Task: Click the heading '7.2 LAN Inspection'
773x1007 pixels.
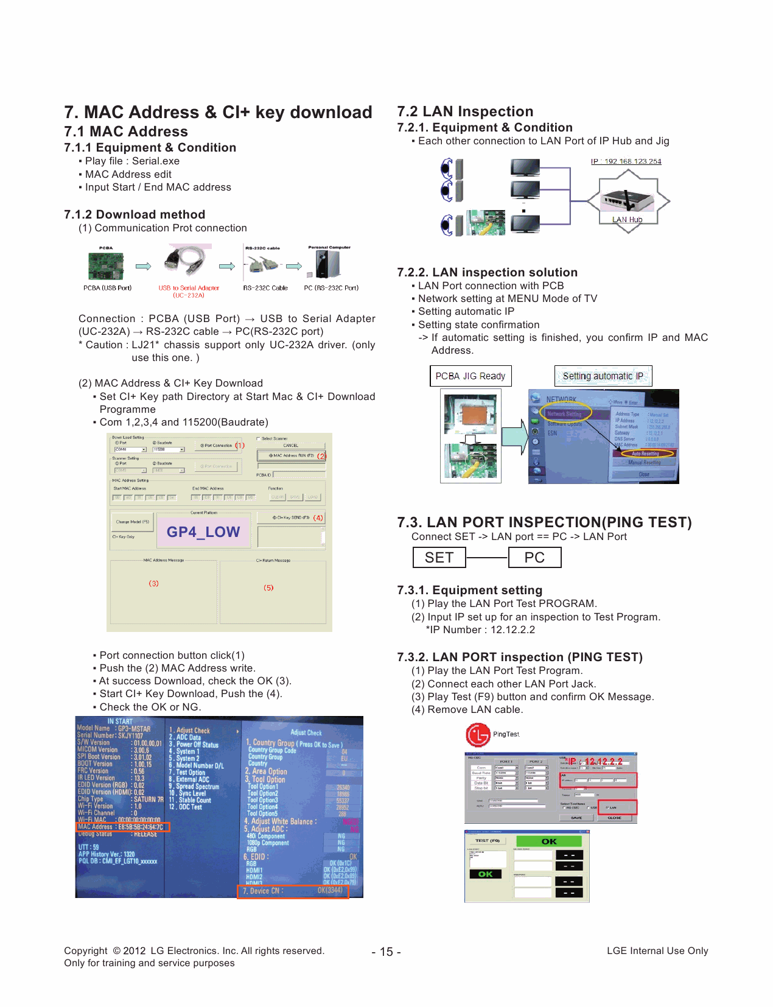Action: [x=465, y=111]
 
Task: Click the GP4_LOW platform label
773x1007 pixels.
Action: [x=203, y=532]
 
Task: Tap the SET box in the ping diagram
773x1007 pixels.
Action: [x=439, y=557]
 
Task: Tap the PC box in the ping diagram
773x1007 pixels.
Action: [x=534, y=557]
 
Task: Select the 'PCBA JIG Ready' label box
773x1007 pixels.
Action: [x=470, y=376]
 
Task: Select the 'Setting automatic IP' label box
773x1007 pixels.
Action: [x=603, y=376]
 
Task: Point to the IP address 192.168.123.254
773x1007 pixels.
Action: [x=626, y=161]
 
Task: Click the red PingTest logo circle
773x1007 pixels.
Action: [x=478, y=734]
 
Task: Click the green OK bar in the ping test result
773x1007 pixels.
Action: [x=548, y=841]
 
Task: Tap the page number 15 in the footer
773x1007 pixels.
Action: [x=386, y=952]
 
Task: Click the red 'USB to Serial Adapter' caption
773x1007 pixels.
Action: [x=189, y=288]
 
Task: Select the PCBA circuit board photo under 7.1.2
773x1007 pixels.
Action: [x=106, y=266]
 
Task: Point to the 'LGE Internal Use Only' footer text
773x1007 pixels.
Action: [x=657, y=950]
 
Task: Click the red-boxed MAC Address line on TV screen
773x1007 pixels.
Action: [x=122, y=827]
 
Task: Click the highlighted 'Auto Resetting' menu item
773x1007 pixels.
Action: [x=645, y=453]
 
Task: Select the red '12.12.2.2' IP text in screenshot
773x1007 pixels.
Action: [x=603, y=761]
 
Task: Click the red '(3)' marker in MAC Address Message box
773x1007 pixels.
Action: [x=154, y=583]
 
